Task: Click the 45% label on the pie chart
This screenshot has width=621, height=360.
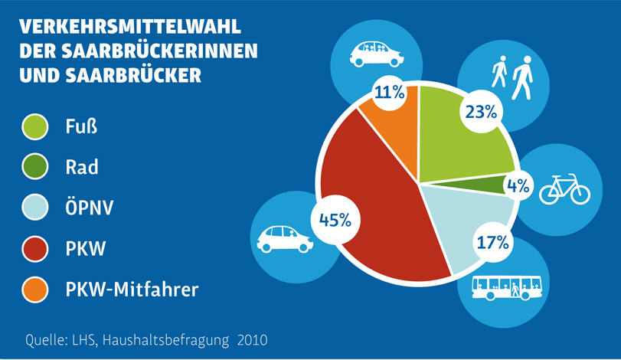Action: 335,219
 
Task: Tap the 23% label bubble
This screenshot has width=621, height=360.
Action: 480,111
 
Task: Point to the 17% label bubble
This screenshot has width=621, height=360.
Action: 492,243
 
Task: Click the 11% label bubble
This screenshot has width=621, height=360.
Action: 389,93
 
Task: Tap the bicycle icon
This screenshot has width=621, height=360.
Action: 565,188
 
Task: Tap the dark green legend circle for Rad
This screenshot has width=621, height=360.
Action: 36,165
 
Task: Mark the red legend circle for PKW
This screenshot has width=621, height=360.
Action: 36,248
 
